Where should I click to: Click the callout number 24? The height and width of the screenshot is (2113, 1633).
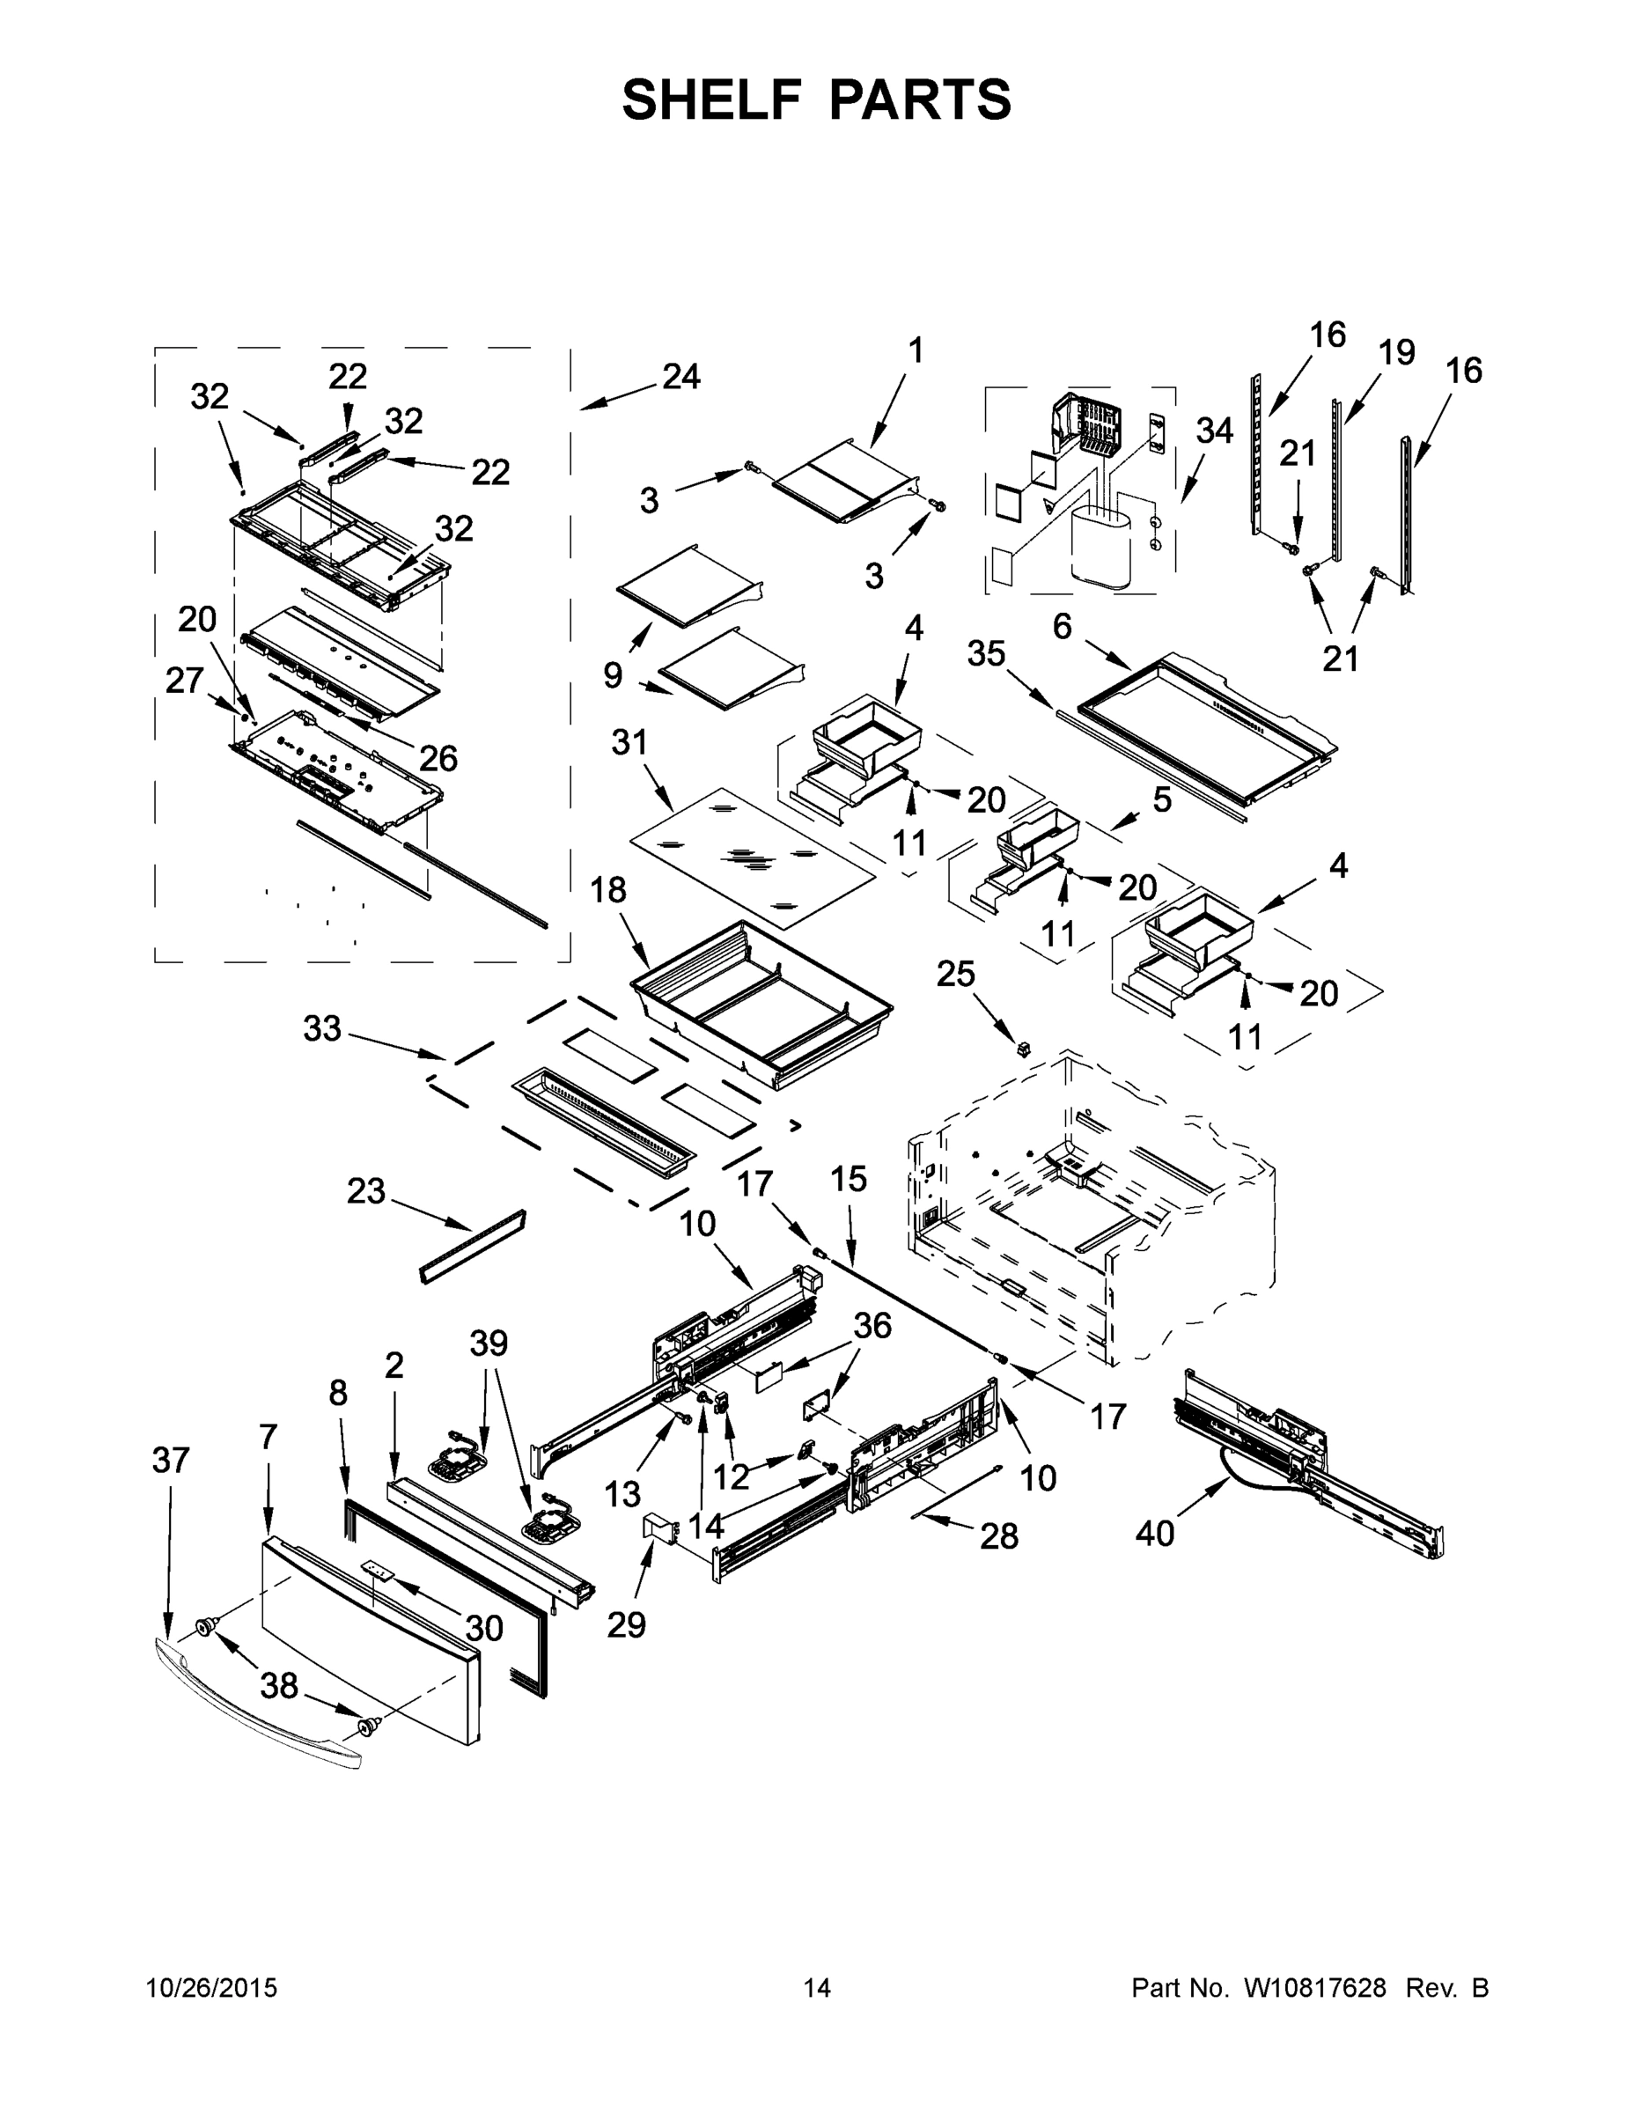(681, 376)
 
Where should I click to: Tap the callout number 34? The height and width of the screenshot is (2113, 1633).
(1213, 431)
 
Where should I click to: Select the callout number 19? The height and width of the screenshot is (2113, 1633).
(1396, 352)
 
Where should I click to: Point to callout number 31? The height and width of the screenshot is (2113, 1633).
(629, 742)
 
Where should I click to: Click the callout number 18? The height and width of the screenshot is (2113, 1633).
(607, 890)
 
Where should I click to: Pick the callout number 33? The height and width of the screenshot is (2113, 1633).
(322, 1028)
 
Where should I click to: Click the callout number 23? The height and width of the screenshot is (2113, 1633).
(365, 1191)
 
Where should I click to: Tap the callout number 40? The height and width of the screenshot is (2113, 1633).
(1155, 1533)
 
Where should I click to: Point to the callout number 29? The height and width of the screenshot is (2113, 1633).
(626, 1624)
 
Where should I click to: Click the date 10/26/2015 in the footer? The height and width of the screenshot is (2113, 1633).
(212, 1988)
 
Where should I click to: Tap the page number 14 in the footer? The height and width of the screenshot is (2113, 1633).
(817, 1988)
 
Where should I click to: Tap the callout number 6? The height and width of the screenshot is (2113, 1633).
(1063, 627)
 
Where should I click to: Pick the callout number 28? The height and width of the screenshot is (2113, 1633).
(998, 1535)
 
